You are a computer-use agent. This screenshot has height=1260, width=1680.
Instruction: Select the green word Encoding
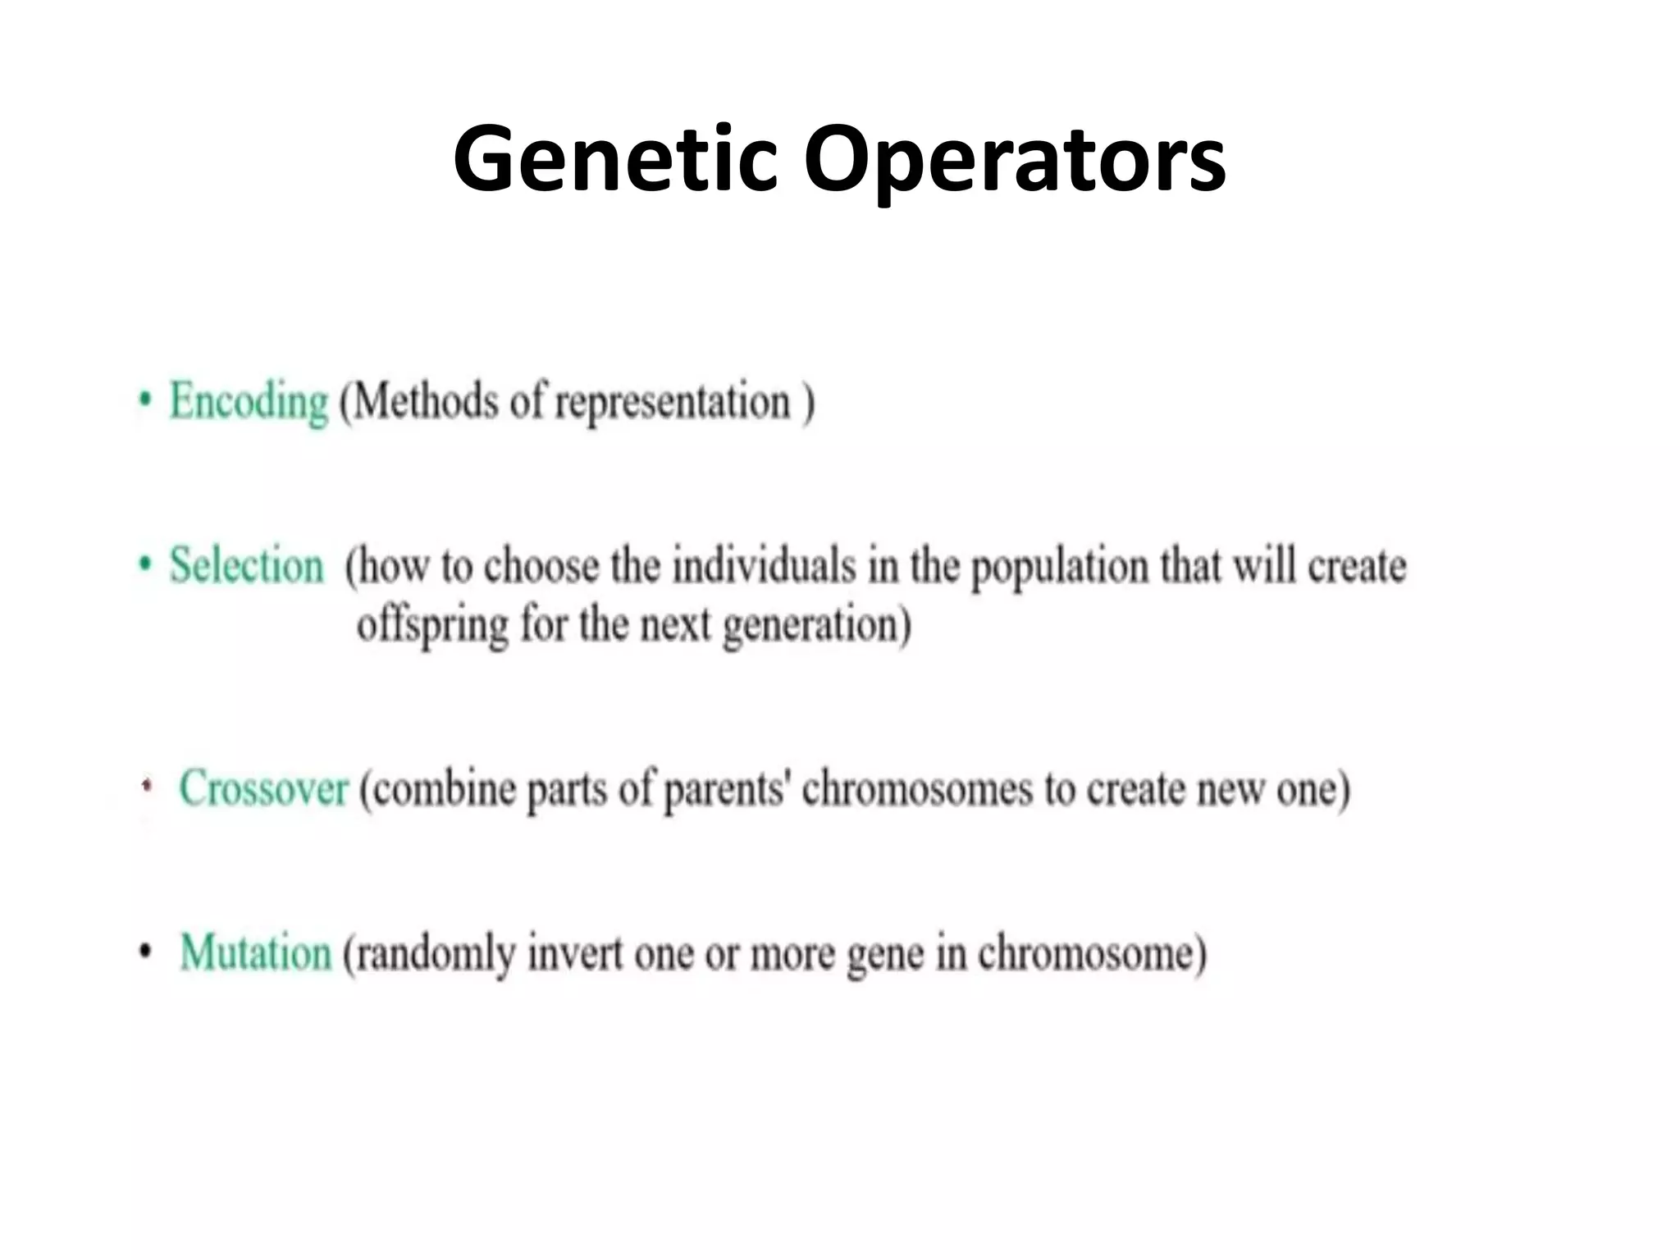coord(249,402)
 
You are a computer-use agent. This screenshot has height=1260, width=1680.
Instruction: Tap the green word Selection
coord(246,566)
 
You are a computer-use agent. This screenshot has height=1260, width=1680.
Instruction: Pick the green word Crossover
coord(263,788)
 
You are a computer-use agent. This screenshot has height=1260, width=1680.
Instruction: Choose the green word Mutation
coord(255,953)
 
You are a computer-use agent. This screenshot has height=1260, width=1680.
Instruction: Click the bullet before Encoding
coord(145,401)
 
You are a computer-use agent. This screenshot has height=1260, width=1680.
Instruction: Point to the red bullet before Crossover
coord(147,787)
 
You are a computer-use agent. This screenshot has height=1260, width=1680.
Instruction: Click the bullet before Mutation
coord(145,952)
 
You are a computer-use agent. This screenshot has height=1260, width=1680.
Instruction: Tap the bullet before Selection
coord(145,564)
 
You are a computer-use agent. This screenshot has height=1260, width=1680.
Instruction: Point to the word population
coord(1059,568)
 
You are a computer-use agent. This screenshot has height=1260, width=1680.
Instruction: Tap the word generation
coord(816,628)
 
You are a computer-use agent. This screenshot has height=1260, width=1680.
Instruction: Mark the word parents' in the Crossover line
coord(727,792)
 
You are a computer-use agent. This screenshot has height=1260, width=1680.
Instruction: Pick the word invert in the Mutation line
coord(575,955)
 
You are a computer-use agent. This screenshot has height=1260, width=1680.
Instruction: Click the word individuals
coord(764,567)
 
